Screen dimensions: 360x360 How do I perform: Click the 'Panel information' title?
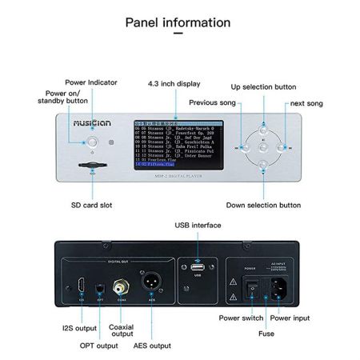(x=179, y=21)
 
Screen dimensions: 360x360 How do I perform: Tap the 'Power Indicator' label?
(x=92, y=82)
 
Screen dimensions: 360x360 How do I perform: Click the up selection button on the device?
(x=263, y=126)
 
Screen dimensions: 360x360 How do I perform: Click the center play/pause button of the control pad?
(x=263, y=146)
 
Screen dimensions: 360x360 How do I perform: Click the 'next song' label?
(x=308, y=104)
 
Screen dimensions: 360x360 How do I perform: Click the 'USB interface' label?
(x=198, y=226)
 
